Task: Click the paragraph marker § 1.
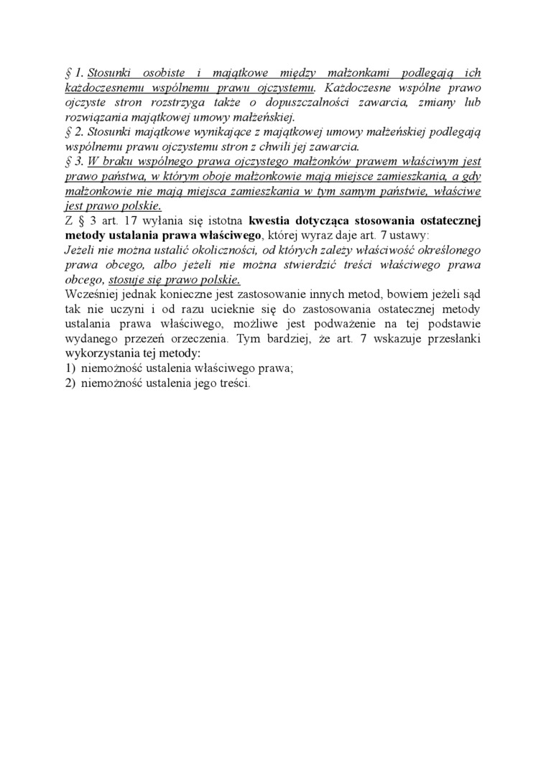(75, 73)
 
